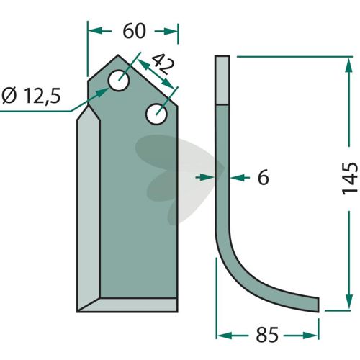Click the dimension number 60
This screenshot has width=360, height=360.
134,31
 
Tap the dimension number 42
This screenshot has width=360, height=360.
163,64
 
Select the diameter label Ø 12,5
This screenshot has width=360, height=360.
31,96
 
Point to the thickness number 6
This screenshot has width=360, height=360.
264,178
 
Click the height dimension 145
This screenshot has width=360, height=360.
350,179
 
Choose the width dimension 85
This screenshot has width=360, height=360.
267,335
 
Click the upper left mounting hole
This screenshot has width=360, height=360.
119,81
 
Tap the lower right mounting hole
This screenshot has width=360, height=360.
156,114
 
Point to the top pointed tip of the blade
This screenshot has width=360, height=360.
118,55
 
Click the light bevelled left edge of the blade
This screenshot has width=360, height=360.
89,209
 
